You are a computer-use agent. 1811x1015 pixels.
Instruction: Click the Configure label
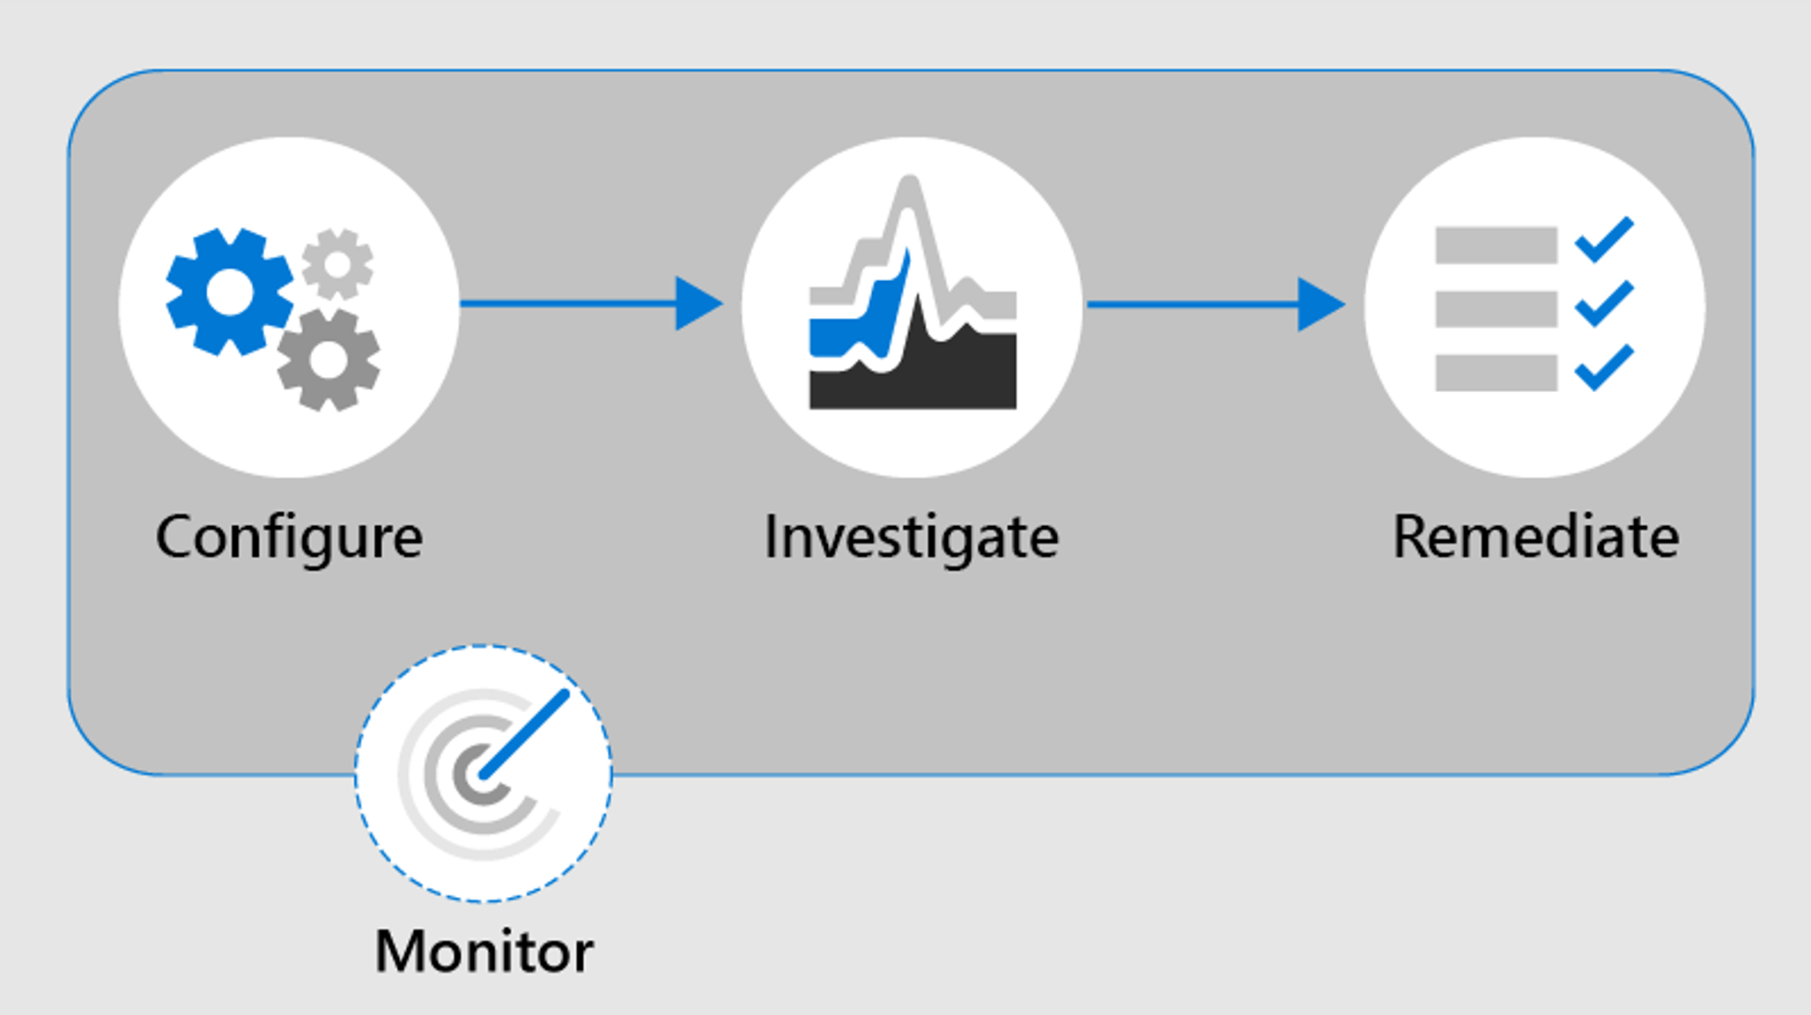pyautogui.click(x=289, y=537)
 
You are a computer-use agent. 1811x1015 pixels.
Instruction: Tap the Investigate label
pyautogui.click(x=911, y=537)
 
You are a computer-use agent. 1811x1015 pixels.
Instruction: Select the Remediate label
pyautogui.click(x=1535, y=537)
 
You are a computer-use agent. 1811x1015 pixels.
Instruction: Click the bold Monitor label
pyautogui.click(x=484, y=952)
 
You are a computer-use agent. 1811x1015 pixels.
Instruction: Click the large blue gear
pyautogui.click(x=229, y=292)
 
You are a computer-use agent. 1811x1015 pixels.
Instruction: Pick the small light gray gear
pyautogui.click(x=337, y=263)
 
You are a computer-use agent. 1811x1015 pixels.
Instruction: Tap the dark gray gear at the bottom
pyautogui.click(x=329, y=359)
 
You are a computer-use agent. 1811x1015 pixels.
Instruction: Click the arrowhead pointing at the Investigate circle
pyautogui.click(x=697, y=304)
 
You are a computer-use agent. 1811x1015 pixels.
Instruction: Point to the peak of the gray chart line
pyautogui.click(x=910, y=185)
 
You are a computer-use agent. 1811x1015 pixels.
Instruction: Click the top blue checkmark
pyautogui.click(x=1604, y=240)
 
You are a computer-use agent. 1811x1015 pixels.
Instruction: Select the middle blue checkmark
pyautogui.click(x=1604, y=304)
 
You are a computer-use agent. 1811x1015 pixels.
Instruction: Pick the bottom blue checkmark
pyautogui.click(x=1604, y=367)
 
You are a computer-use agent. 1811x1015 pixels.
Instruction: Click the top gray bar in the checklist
pyautogui.click(x=1496, y=245)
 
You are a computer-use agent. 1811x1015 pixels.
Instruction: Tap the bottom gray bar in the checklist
pyautogui.click(x=1496, y=373)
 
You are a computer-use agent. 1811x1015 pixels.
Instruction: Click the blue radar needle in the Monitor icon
pyautogui.click(x=525, y=734)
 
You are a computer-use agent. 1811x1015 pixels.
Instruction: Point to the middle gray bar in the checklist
pyautogui.click(x=1496, y=309)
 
